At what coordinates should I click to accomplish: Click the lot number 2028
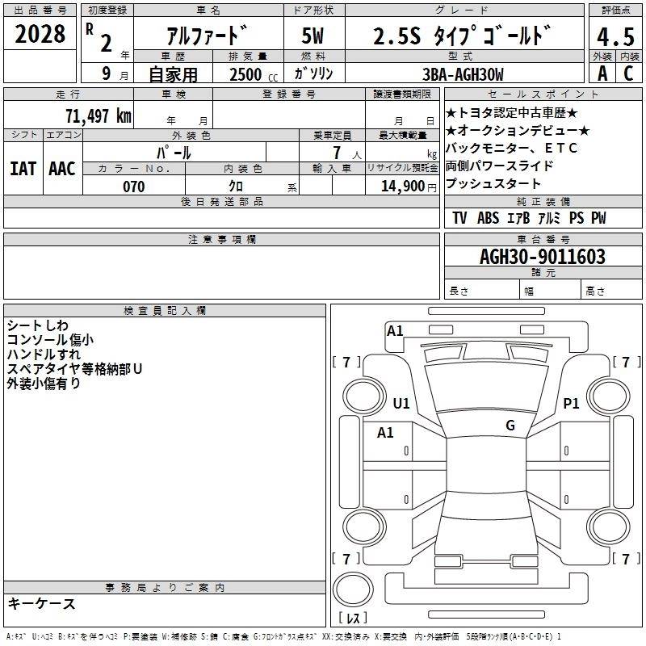pos(40,34)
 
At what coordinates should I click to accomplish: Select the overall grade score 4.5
pos(615,37)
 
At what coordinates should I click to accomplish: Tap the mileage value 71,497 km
pos(99,115)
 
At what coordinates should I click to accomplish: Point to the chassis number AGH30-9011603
pos(543,257)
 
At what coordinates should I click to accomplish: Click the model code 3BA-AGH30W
pos(463,74)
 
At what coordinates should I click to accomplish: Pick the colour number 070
pos(134,187)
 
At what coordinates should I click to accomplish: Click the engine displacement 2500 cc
pos(254,74)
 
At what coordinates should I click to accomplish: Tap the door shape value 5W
pos(313,36)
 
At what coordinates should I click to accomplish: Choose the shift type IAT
pos(23,169)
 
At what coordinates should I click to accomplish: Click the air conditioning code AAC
pos(62,169)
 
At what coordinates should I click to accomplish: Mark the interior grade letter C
pos(628,73)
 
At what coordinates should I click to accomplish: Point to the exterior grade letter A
pos(602,73)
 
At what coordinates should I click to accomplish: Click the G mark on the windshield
pos(510,425)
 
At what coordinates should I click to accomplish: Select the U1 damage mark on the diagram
pos(401,403)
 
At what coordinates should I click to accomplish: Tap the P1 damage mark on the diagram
pos(571,403)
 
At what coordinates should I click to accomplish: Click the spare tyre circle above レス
pos(353,589)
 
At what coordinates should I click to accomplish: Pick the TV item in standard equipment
pos(459,218)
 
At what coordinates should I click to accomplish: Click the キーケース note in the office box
pos(42,603)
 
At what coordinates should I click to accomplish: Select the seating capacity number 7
pos(337,153)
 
